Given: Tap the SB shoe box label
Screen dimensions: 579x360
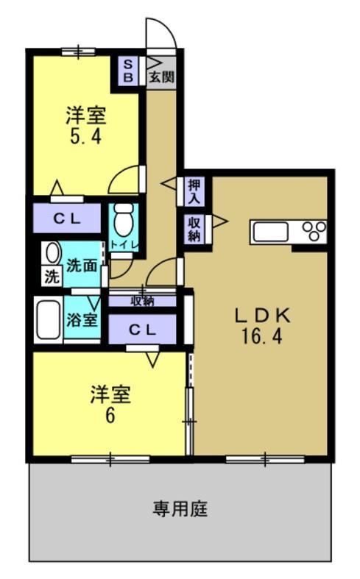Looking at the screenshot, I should click(127, 71).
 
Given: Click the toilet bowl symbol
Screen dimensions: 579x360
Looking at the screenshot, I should click(123, 218).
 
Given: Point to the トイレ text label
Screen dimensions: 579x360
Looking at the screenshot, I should click(123, 244).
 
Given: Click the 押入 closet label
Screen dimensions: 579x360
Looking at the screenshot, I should click(194, 191).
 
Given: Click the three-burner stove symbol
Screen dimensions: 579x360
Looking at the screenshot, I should click(315, 231).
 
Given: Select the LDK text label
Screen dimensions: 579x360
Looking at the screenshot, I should click(262, 316).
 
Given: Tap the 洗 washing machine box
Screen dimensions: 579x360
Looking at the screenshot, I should click(51, 277).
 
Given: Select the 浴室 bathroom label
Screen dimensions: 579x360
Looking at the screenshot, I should click(81, 320).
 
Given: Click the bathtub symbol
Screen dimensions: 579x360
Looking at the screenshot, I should click(49, 319).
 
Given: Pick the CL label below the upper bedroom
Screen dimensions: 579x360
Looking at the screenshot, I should click(66, 219).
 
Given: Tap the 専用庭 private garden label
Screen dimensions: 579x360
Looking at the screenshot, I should click(179, 508).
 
